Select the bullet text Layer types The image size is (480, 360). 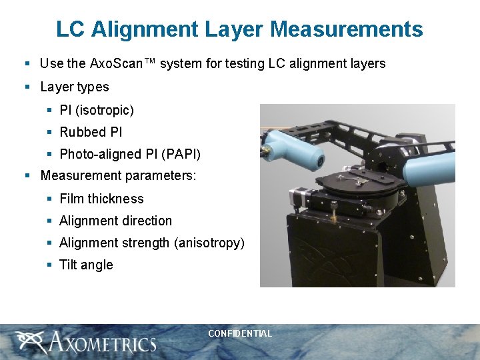coord(74,87)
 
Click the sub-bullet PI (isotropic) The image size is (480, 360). coord(97,110)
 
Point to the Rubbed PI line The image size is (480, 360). coord(91,132)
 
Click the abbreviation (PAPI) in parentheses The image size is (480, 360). coord(181,154)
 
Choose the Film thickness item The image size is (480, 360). coord(101,199)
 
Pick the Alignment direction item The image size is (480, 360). coord(115,221)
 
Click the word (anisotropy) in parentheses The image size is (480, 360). coord(209,243)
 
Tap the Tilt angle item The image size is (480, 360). coord(86,265)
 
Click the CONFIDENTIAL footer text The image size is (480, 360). coord(240,333)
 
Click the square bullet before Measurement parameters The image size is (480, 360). coord(27,177)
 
